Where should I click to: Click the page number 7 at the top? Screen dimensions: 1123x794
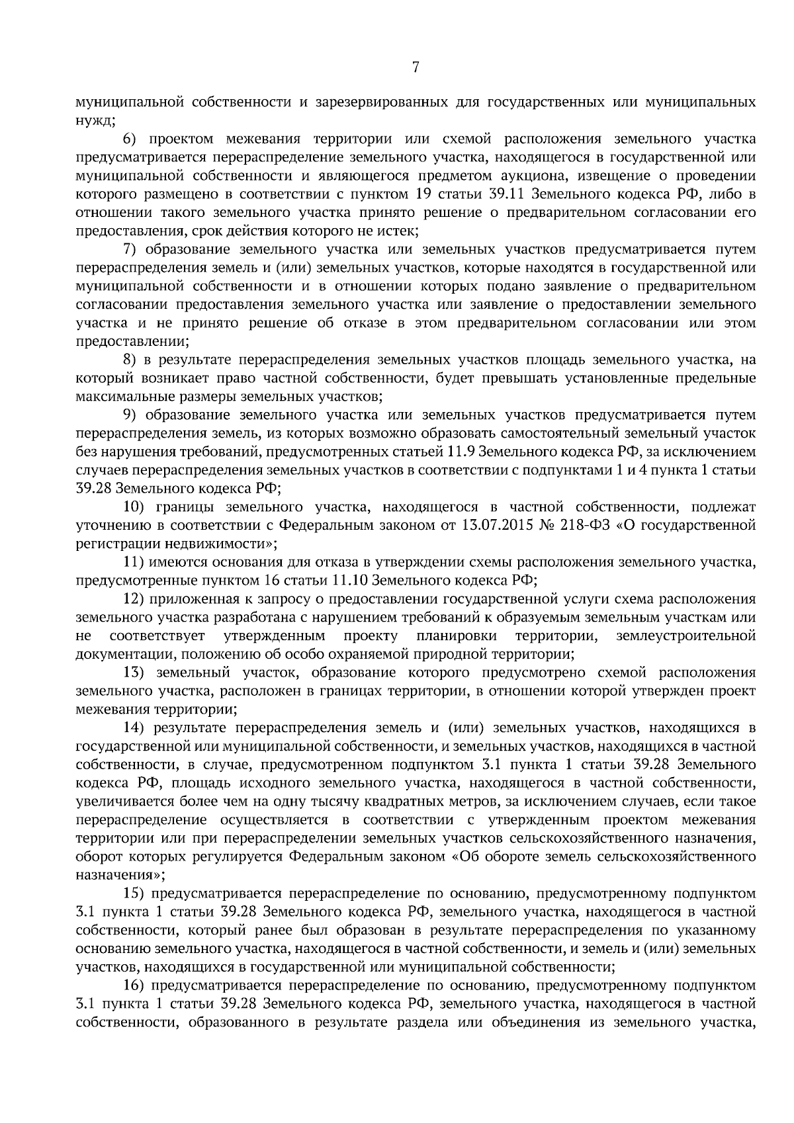coord(416,67)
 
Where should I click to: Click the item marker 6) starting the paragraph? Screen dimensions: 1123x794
coord(130,140)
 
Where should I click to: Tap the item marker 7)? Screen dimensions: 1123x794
coord(130,250)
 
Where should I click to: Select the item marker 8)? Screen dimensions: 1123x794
coord(130,360)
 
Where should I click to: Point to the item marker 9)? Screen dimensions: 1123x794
coord(130,415)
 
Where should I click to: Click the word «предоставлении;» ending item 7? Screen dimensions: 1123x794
coord(133,342)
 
